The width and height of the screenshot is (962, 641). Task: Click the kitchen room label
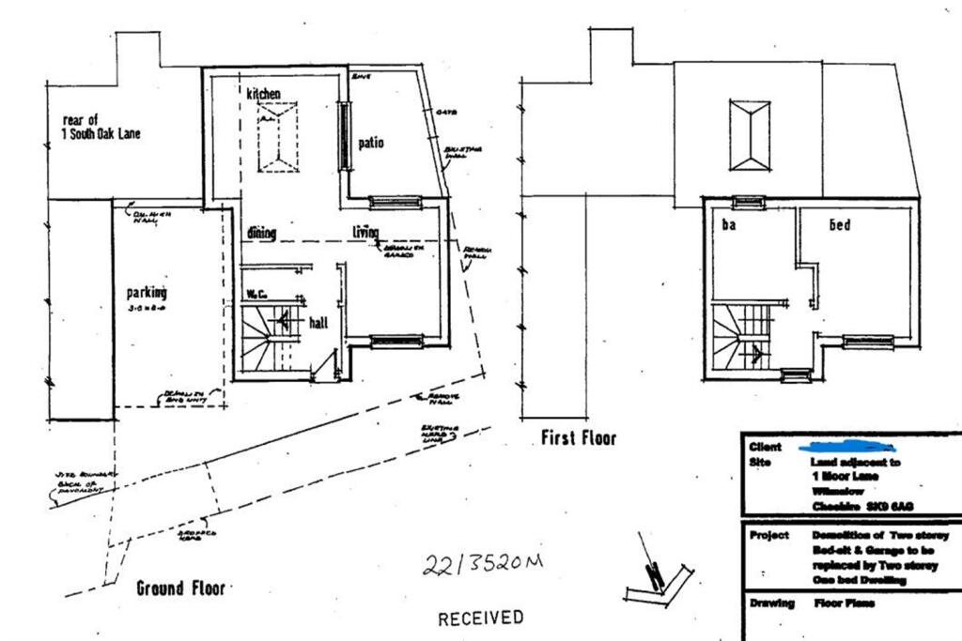click(x=264, y=95)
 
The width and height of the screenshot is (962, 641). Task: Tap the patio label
click(x=371, y=144)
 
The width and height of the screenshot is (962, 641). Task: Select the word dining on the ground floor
click(x=262, y=233)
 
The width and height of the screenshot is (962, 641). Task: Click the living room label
click(x=365, y=233)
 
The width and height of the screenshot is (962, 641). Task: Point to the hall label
click(x=318, y=323)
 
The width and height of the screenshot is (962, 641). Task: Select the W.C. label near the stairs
click(x=255, y=294)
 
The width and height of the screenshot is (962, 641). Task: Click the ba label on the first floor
click(x=728, y=226)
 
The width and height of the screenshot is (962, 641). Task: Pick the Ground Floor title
click(x=180, y=588)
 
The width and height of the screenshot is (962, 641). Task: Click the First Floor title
click(x=579, y=438)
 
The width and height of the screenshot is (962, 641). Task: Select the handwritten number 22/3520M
click(x=483, y=566)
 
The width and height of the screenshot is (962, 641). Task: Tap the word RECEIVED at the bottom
click(x=480, y=618)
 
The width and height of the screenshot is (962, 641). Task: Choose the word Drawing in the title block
click(x=771, y=603)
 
